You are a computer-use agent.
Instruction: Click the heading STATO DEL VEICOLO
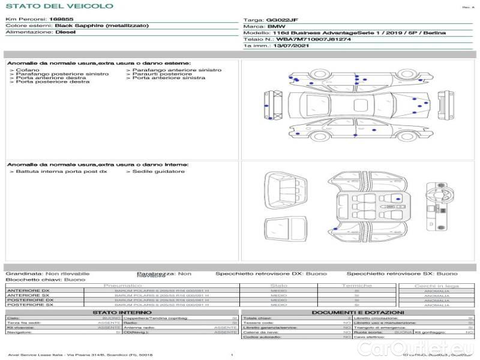pyautogui.click(x=59, y=6)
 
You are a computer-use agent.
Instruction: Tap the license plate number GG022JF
pyautogui.click(x=281, y=20)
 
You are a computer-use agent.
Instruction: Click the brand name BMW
pyautogui.click(x=276, y=26)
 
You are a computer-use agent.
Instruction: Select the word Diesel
pyautogui.click(x=65, y=32)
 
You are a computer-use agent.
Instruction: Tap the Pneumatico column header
pyautogui.click(x=122, y=286)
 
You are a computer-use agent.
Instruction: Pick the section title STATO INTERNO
pyautogui.click(x=122, y=313)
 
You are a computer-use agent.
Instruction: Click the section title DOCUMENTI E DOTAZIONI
pyautogui.click(x=357, y=313)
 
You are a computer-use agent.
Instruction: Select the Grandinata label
pyautogui.click(x=23, y=273)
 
